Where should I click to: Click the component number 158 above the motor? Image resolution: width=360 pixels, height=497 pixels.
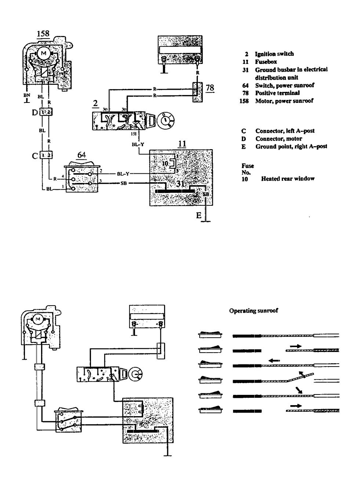(43, 34)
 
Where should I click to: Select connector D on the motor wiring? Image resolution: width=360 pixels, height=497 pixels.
(35, 112)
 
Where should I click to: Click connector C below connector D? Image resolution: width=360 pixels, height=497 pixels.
(34, 156)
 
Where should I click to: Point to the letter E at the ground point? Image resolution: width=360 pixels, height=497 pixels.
(199, 216)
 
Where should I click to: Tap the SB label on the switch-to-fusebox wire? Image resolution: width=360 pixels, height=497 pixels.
(123, 183)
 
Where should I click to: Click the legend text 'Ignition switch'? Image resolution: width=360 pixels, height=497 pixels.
(274, 54)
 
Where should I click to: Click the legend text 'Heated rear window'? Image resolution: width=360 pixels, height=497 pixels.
(288, 179)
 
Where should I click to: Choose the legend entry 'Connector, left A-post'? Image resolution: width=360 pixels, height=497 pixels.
(285, 131)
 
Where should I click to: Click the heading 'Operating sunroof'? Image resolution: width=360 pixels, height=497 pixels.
(254, 311)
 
